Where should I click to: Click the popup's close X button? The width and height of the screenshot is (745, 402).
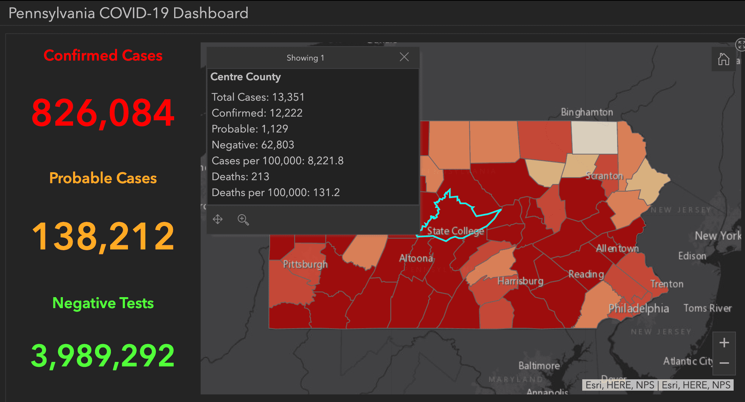[x=404, y=57]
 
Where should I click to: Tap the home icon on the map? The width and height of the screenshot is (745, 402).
[x=723, y=59]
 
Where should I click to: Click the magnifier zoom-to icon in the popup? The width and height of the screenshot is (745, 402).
[x=243, y=220]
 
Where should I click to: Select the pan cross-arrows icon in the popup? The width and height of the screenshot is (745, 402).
[x=218, y=219]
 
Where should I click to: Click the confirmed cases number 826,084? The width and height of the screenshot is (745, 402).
[x=103, y=113]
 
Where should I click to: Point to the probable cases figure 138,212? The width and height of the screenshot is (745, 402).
[x=103, y=237]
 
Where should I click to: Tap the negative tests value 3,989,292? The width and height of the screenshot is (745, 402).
[x=103, y=355]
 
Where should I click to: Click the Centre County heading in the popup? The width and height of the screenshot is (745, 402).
[x=246, y=77]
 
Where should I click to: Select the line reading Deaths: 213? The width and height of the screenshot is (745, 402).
[x=240, y=177]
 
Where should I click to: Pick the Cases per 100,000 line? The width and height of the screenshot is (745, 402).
[x=277, y=161]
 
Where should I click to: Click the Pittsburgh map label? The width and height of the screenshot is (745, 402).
[x=305, y=264]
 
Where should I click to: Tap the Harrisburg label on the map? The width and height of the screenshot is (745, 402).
[x=520, y=281]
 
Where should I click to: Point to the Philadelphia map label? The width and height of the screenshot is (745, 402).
[x=639, y=309]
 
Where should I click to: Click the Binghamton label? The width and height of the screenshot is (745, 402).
[x=587, y=112]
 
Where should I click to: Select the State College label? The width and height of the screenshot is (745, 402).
[x=455, y=231]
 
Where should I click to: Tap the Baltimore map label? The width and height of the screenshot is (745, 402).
[x=539, y=366]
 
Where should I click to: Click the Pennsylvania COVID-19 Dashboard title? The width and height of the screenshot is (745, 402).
[x=128, y=13]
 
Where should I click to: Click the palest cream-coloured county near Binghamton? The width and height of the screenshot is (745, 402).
[x=594, y=137]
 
